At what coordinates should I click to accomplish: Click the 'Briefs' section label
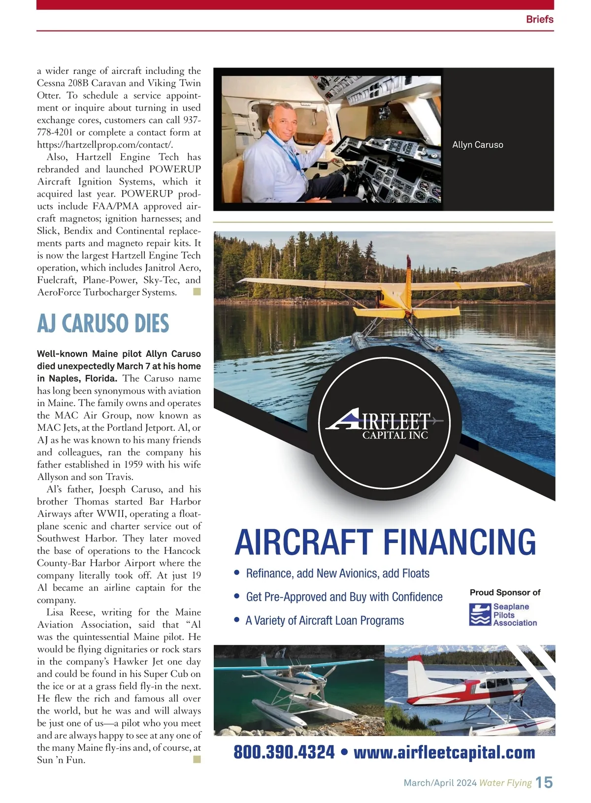pos(539,19)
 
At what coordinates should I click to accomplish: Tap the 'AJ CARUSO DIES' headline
pos(103,323)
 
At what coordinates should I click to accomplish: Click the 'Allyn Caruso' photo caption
pos(477,145)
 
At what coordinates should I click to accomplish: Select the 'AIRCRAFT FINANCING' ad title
pos(385,542)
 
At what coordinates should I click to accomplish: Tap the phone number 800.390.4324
pos(284,752)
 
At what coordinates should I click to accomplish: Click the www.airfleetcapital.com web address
pos(444,752)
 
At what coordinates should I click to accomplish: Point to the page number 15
pos(544,782)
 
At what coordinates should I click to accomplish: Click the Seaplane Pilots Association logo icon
pos(480,615)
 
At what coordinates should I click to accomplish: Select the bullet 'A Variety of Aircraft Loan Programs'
pos(325,620)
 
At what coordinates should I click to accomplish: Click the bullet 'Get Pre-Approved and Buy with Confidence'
pos(344,597)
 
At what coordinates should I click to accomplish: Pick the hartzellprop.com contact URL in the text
pos(105,145)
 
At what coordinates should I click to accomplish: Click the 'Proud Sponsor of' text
pos(505,592)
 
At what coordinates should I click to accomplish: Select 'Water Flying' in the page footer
pos(505,783)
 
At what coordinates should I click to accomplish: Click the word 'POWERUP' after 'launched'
pos(175,169)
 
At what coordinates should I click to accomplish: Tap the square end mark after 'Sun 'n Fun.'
pos(197,760)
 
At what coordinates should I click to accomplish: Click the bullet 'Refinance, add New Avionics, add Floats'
pos(337,574)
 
